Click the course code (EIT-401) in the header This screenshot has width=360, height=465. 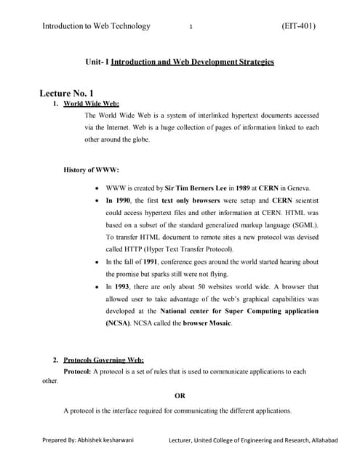click(298, 26)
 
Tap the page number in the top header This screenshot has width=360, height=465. click(190, 27)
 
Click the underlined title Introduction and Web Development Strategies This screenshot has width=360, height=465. click(192, 62)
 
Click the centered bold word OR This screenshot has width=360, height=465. click(180, 396)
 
